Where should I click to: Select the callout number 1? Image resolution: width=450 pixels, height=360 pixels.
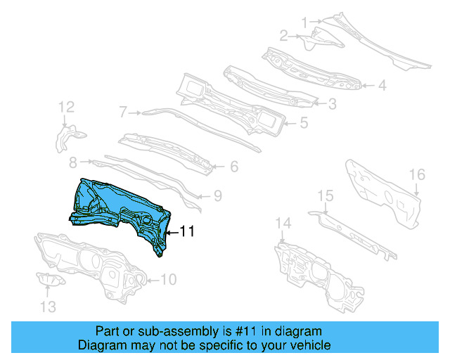tap(304, 22)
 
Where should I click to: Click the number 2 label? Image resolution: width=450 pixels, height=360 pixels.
tap(283, 35)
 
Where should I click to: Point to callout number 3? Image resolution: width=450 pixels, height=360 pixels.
tap(331, 103)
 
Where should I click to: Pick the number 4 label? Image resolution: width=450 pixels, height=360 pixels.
tap(382, 86)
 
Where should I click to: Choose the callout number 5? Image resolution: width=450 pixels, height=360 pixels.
tap(303, 122)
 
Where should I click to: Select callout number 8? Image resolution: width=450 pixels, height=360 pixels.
tap(72, 163)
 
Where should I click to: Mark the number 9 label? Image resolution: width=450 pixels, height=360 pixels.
tap(217, 195)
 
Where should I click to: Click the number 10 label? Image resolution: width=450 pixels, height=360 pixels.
tap(168, 280)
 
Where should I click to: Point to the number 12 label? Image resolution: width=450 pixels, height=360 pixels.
tap(66, 108)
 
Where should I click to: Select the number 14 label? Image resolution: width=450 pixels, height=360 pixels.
tap(282, 224)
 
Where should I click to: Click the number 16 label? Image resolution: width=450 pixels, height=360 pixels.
tap(417, 174)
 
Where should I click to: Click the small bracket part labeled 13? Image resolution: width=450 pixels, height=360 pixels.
tap(51, 281)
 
